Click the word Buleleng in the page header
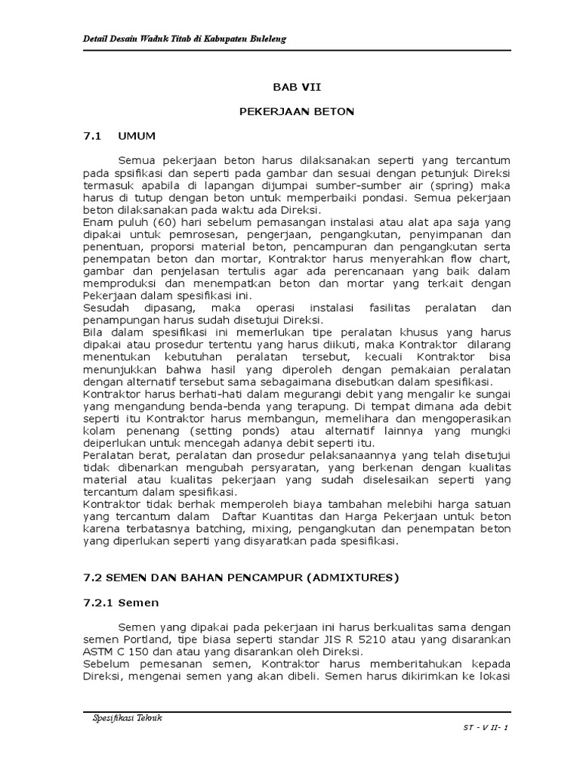(265, 39)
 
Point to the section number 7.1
(91, 137)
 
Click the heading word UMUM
(137, 137)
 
